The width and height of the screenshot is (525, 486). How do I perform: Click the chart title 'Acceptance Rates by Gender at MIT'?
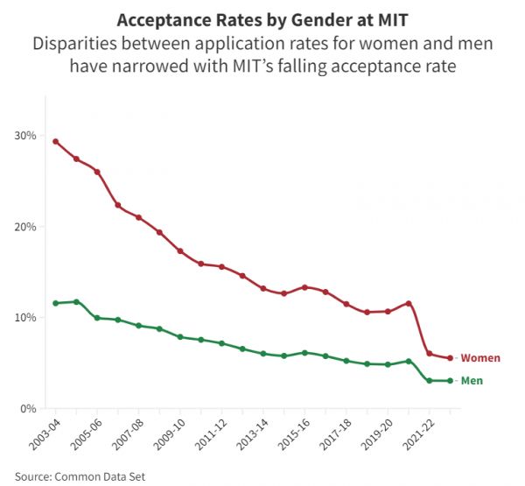coord(262,20)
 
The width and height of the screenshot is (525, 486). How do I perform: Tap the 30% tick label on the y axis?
coord(26,136)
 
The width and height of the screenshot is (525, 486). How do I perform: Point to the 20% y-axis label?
coord(26,227)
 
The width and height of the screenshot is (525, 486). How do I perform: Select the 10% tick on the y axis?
coord(26,318)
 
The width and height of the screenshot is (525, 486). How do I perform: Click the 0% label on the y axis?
coord(30,409)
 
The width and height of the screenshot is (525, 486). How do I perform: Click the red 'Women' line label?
coord(480,358)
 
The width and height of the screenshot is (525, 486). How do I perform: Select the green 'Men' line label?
coord(472,381)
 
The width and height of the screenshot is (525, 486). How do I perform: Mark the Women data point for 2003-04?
coord(56,141)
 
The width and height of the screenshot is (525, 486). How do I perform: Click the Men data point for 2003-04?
coord(56,303)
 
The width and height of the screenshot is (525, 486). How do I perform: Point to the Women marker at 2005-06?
coord(97,172)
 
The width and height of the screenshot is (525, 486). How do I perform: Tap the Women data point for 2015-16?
coord(304,287)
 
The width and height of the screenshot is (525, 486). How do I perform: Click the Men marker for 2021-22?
coord(429,381)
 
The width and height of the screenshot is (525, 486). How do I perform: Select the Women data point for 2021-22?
coord(429,354)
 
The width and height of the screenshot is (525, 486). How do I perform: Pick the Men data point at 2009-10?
coord(180,337)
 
